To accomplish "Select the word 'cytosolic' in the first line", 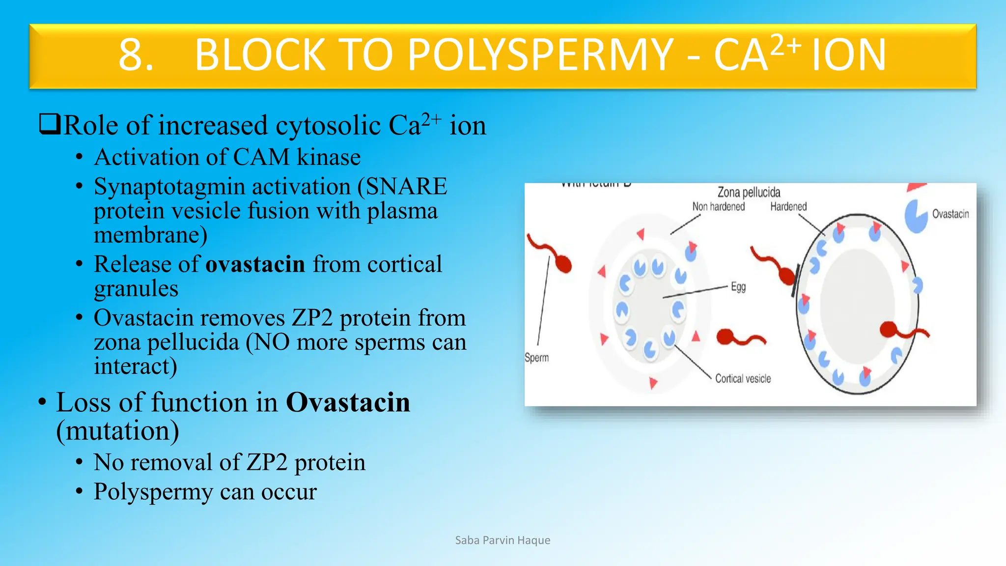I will pyautogui.click(x=328, y=126).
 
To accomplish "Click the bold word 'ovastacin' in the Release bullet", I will pyautogui.click(x=255, y=265).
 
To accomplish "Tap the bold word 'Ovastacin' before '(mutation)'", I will pyautogui.click(x=348, y=403).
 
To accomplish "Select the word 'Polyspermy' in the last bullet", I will pyautogui.click(x=153, y=492).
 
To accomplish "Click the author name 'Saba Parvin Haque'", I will pyautogui.click(x=503, y=540).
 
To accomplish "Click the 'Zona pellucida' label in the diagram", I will pyautogui.click(x=749, y=192).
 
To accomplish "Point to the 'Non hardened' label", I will pyautogui.click(x=718, y=207).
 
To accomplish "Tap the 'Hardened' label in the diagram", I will pyautogui.click(x=788, y=207).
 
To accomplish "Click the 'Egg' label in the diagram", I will pyautogui.click(x=738, y=287).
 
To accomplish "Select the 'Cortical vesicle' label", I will pyautogui.click(x=743, y=379).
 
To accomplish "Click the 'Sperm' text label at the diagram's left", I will pyautogui.click(x=536, y=358).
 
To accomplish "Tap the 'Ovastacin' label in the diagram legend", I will pyautogui.click(x=950, y=214).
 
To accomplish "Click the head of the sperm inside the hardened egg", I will pyautogui.click(x=889, y=330).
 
